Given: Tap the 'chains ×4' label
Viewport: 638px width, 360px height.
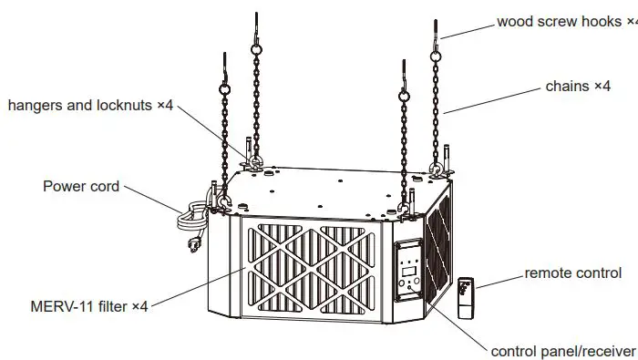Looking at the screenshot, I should point(578,86).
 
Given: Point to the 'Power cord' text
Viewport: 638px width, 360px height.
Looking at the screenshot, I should point(81,186).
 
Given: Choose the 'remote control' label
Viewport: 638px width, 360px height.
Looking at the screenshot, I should point(573,273).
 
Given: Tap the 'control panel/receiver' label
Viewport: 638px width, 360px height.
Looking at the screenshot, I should point(562,351).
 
